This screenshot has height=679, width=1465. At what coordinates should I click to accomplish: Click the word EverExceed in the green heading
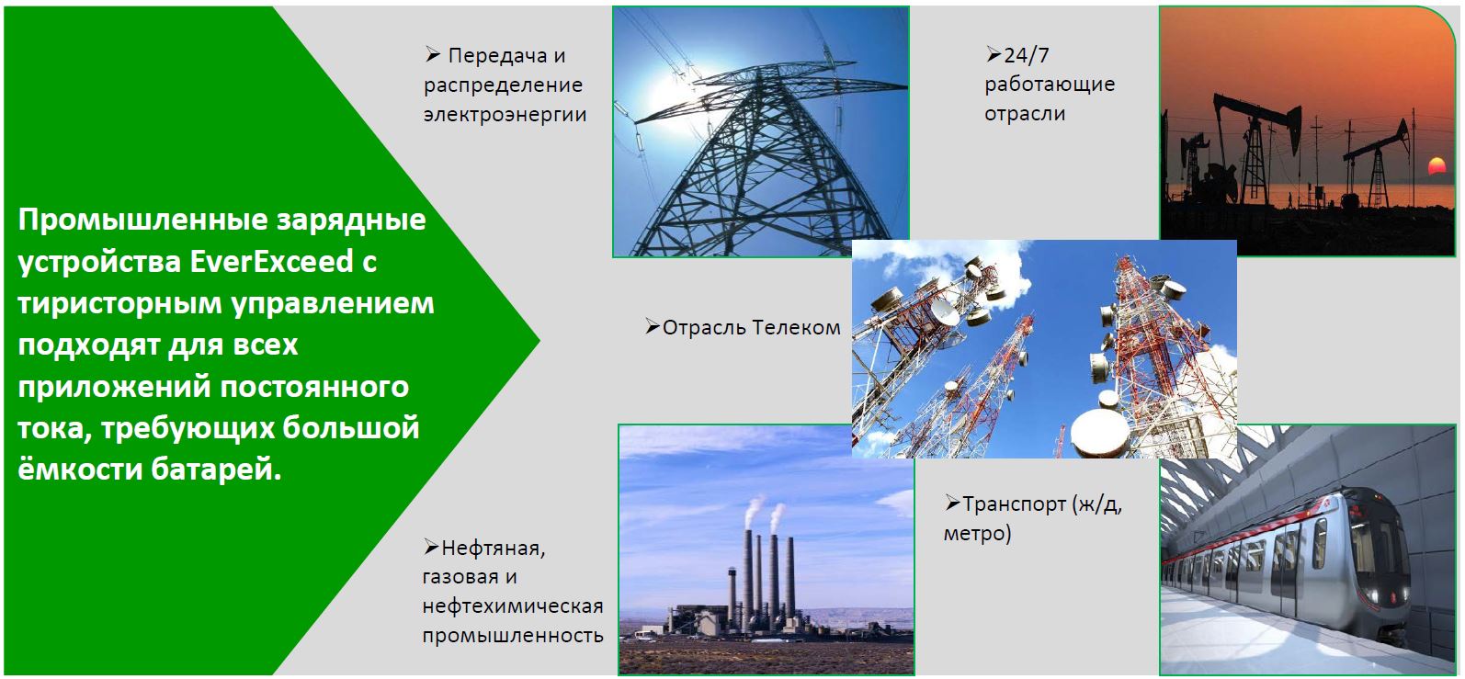(271, 262)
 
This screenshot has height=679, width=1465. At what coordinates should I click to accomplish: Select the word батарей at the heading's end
(217, 470)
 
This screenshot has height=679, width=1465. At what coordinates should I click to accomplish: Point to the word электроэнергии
(505, 115)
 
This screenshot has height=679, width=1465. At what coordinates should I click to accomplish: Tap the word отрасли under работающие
(1025, 114)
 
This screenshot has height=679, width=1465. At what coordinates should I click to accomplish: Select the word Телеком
(796, 327)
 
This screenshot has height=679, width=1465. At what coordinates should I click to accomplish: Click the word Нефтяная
(494, 549)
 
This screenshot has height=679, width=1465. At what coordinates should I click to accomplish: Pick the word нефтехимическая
(513, 606)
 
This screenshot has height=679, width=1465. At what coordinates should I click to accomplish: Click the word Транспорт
(1014, 504)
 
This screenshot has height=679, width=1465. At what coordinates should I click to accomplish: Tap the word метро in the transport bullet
(977, 533)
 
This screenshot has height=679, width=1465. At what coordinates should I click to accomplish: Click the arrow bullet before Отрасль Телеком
(652, 326)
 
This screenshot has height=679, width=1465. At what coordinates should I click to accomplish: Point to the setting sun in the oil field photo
(1437, 165)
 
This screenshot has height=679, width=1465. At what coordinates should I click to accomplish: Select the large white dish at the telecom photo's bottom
(1099, 433)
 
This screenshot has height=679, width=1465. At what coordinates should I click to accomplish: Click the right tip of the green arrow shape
(539, 340)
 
